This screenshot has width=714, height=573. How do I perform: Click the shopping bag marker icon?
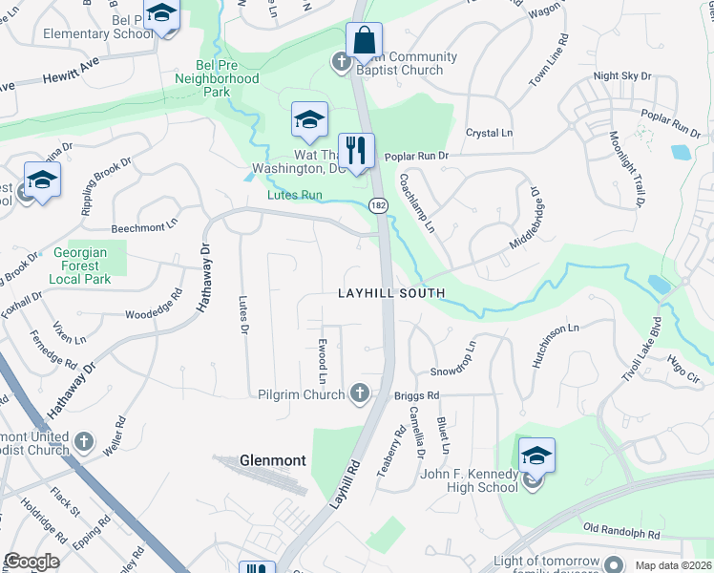(x=364, y=41)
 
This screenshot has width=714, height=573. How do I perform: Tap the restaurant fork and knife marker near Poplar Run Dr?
(x=356, y=151)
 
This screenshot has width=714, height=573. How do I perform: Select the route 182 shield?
(x=378, y=204)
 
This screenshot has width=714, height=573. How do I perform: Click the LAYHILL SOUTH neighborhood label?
(x=391, y=293)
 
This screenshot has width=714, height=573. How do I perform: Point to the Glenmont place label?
(x=273, y=460)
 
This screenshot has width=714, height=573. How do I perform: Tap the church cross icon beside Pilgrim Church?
(x=360, y=392)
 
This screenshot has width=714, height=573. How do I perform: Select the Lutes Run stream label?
(x=293, y=196)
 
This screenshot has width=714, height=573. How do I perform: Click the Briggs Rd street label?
(x=416, y=394)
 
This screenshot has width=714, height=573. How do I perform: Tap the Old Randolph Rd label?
(x=621, y=529)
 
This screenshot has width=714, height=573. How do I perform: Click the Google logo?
(x=31, y=562)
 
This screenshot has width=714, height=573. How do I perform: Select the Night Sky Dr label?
(x=621, y=75)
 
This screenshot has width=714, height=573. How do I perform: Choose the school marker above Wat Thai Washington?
(x=309, y=120)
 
